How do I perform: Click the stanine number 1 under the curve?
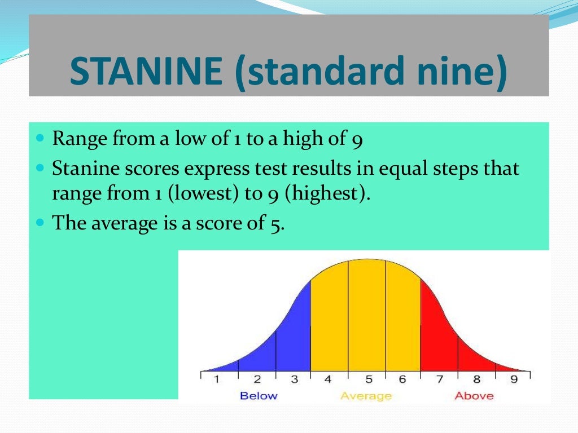(216, 379)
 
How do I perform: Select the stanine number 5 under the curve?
(366, 379)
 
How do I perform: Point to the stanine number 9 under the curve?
(514, 379)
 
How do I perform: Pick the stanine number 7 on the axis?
(439, 379)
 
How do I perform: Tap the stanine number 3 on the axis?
(294, 379)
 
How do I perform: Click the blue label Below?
(259, 396)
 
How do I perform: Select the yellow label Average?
(366, 396)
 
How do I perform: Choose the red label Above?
(474, 396)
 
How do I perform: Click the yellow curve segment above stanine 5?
(366, 316)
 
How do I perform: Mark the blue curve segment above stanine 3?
(294, 338)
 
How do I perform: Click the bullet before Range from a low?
(40, 138)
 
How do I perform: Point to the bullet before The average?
(40, 223)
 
